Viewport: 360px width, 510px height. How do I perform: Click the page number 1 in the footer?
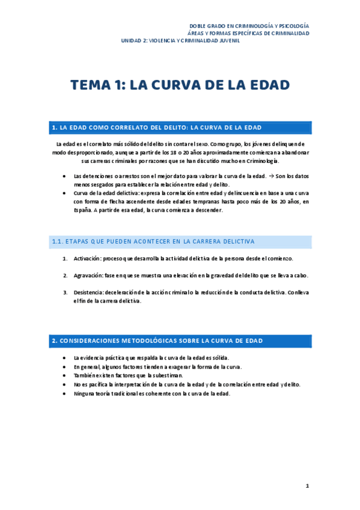pyautogui.click(x=307, y=486)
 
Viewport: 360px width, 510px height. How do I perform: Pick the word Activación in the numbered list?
pyautogui.click(x=88, y=259)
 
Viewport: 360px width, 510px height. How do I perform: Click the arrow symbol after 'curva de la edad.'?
pyautogui.click(x=271, y=176)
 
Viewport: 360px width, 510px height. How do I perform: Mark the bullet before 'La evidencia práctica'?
pyautogui.click(x=64, y=357)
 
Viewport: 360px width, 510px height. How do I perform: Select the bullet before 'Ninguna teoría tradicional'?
pyautogui.click(x=64, y=393)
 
